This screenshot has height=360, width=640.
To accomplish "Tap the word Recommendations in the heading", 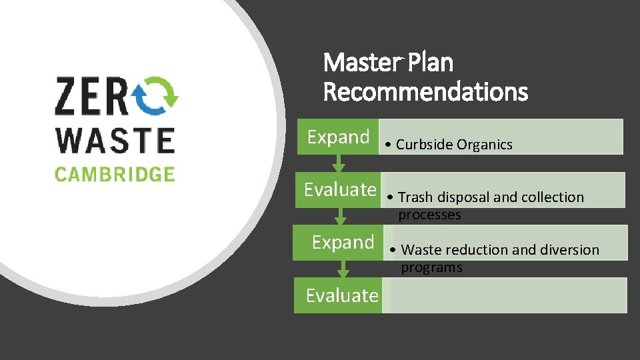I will coord(425,91).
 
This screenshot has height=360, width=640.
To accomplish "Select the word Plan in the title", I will coord(430,63).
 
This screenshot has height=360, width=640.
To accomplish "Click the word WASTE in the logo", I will coord(115,140).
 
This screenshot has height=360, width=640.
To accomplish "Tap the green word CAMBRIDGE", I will coord(115,175).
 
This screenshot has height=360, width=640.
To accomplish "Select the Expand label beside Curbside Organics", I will coord(338,137).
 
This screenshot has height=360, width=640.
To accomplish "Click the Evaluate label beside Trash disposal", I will coord(339,190).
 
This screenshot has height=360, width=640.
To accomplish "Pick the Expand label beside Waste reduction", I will coord(343,242).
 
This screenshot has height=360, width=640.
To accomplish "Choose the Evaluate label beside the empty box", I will coord(341,295).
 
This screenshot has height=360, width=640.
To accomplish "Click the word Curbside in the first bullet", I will coord(425,145).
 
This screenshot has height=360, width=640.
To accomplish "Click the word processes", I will coord(429,215).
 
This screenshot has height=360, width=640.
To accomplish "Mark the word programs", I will coord(431,268).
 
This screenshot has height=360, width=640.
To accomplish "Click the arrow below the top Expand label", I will coord(338,163).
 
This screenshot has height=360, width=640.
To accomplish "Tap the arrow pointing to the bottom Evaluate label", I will coord(343,269).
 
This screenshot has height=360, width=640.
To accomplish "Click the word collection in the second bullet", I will coord(553,197).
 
